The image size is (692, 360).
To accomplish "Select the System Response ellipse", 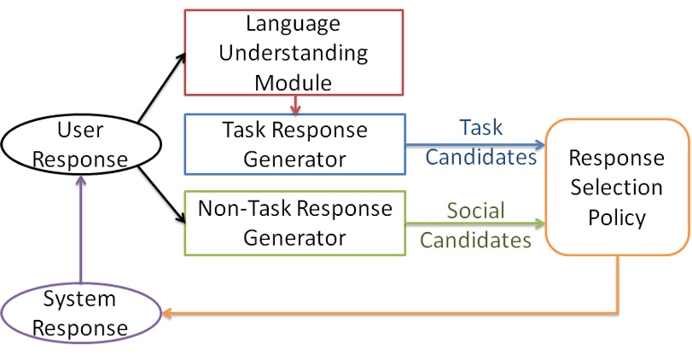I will (80, 313).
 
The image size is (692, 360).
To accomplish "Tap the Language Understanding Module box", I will (294, 52).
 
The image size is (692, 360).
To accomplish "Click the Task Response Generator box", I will (294, 144).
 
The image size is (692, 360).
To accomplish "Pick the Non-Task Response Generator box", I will (294, 223).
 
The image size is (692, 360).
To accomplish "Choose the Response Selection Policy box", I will (616, 187).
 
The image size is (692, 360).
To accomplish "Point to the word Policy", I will (616, 217).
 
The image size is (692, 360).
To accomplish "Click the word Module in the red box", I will (294, 81).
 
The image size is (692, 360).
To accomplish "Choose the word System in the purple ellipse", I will (80, 299).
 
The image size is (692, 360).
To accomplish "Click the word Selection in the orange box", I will (616, 187).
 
